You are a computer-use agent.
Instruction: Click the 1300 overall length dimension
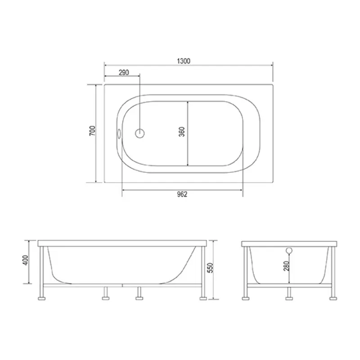click(x=184, y=61)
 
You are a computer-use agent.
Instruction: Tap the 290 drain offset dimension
click(x=124, y=72)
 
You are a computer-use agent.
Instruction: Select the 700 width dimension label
click(x=92, y=130)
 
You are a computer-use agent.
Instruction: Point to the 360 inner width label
click(x=182, y=131)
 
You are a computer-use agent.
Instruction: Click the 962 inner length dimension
click(x=182, y=194)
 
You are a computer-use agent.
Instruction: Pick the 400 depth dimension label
click(x=26, y=260)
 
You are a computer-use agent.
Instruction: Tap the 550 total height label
click(x=210, y=268)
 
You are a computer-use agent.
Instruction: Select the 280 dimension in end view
click(x=287, y=266)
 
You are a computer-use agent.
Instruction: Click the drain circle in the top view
click(x=140, y=133)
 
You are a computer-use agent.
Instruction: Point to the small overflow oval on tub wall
click(x=119, y=133)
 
